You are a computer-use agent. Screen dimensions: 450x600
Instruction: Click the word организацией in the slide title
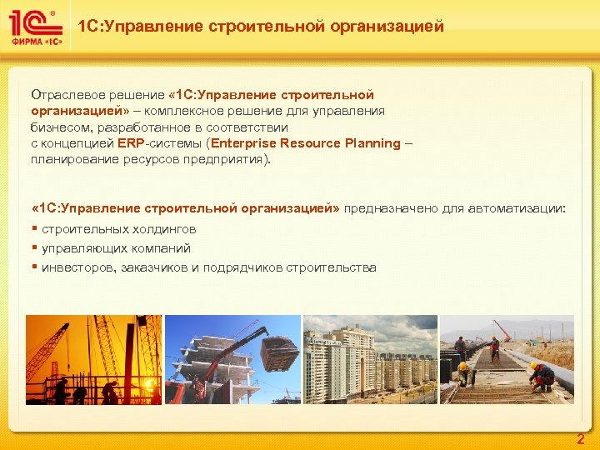(388, 27)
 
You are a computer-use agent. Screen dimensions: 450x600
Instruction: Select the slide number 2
(581, 439)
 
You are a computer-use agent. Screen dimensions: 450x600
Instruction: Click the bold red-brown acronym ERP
(131, 143)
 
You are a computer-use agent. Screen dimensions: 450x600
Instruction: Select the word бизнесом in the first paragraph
(57, 127)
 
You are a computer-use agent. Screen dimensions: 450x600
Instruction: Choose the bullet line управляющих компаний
(116, 248)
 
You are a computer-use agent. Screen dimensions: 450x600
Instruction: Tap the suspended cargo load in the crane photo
(278, 350)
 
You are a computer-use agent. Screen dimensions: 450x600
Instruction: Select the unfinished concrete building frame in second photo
(200, 367)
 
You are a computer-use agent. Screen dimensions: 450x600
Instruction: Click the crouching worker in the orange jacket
(542, 376)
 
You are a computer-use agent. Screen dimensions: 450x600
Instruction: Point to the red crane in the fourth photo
(501, 328)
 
